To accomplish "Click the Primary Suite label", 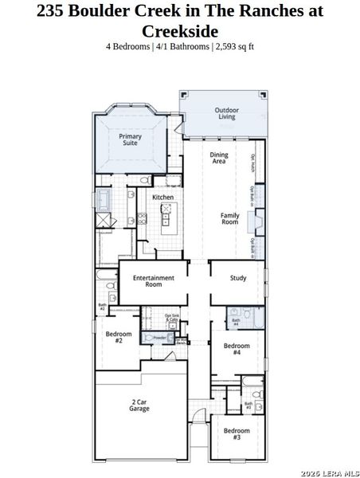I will (131, 139).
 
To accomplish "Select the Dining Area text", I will (218, 158).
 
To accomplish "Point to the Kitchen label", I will (163, 197).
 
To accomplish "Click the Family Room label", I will (230, 218).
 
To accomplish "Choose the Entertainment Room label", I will (154, 280).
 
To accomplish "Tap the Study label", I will (237, 278).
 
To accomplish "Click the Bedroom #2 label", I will (118, 337).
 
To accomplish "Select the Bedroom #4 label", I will (237, 349).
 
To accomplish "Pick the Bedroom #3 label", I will (237, 434).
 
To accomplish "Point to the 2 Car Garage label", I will (139, 406).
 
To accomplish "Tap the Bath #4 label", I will (236, 323).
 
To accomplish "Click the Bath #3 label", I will (248, 406).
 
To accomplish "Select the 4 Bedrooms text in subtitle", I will (127, 46).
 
